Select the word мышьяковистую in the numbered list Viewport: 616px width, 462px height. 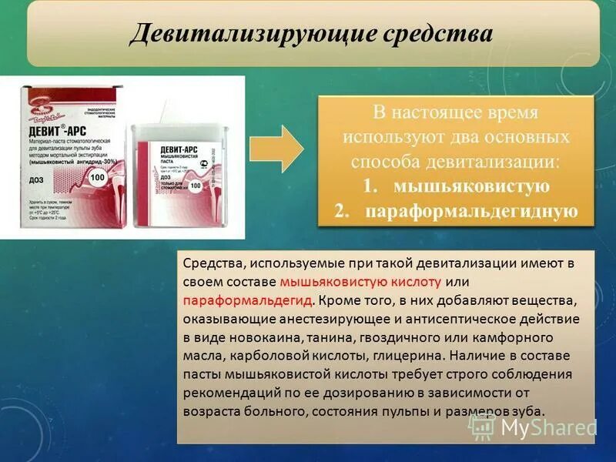point(471,187)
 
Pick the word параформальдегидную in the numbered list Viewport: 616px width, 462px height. point(471,212)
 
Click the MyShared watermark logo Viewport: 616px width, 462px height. point(546,427)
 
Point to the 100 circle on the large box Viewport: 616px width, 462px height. point(98,178)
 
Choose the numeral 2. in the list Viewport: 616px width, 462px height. point(343,212)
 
